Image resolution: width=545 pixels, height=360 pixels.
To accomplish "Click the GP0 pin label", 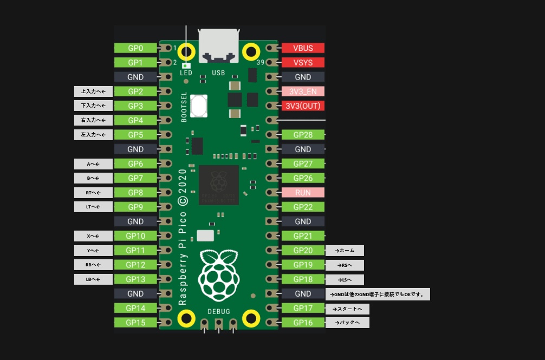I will pos(135,48).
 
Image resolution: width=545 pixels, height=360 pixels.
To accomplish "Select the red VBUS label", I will pos(303,48).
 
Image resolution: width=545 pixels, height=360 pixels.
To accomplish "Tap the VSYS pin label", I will pos(303,62).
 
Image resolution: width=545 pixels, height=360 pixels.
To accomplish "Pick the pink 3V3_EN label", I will pos(303,91).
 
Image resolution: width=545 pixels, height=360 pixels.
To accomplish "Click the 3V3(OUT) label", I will pos(303,106).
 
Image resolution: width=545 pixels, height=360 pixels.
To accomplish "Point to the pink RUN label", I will pos(303,192).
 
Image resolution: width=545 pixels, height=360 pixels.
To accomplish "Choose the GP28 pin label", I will pos(303,135).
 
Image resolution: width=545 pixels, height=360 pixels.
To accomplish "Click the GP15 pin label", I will pos(135,322).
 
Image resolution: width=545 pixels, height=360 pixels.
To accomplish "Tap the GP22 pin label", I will pos(303,207).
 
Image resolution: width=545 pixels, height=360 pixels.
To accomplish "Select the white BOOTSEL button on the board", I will pos(199,106).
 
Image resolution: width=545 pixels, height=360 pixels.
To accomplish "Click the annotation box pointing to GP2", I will pos(93,91).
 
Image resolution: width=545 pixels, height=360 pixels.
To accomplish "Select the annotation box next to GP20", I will pos(345,250).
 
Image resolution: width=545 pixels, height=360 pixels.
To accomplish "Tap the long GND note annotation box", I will pos(378,294).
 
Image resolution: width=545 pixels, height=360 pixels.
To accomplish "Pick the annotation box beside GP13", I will pos(93,279).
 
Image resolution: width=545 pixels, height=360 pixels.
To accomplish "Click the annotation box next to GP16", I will pos(347,323).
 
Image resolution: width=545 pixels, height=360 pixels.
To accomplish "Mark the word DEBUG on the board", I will pos(219,311).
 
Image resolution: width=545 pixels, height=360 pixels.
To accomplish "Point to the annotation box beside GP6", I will pos(93,163).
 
